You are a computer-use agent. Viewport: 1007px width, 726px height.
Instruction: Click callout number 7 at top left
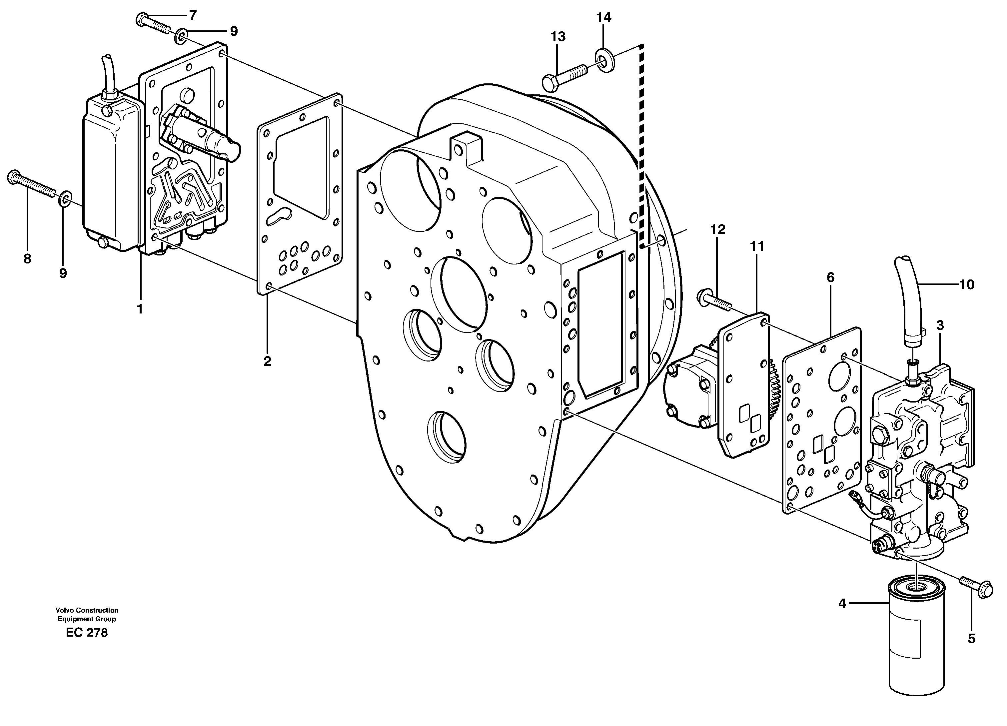coord(192,16)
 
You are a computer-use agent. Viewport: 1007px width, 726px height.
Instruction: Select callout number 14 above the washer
coord(603,17)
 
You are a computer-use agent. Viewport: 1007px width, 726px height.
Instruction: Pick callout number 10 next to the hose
coord(967,284)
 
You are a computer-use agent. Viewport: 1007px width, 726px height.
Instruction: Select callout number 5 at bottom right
coord(971,639)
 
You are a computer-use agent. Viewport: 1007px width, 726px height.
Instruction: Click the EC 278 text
coord(87,633)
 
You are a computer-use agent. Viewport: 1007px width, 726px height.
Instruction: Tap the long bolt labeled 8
coord(31,184)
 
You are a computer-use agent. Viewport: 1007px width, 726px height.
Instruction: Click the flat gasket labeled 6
coord(821,422)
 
